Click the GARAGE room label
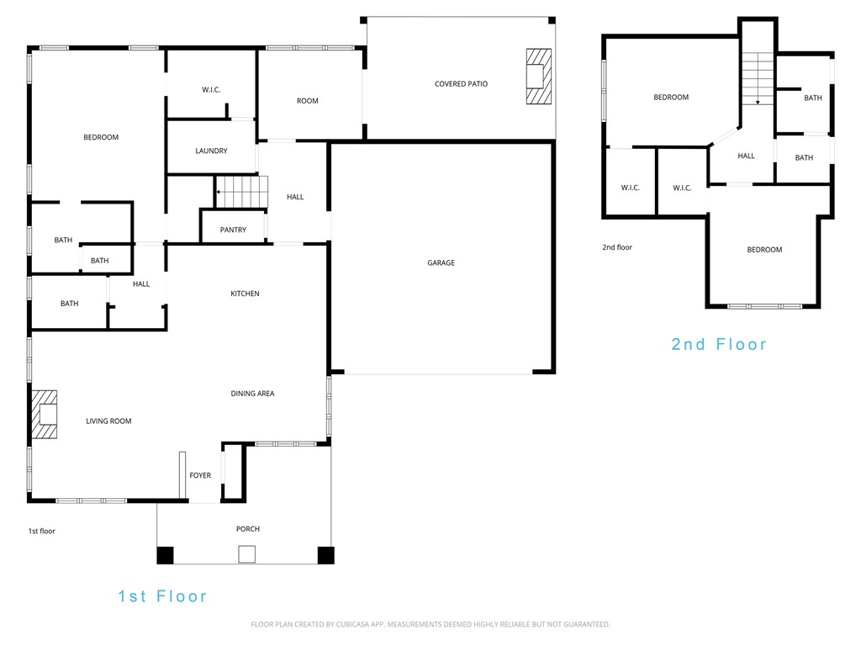441,263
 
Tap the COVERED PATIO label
461,84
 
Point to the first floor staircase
241,192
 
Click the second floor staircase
758,78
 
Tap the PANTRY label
233,230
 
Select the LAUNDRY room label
211,151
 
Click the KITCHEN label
246,294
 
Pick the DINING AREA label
253,394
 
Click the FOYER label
200,475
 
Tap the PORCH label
248,529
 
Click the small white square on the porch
246,554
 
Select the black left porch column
166,555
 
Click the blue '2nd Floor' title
719,344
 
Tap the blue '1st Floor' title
162,596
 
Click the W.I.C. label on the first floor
211,90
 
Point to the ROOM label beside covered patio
308,101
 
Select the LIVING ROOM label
108,421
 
